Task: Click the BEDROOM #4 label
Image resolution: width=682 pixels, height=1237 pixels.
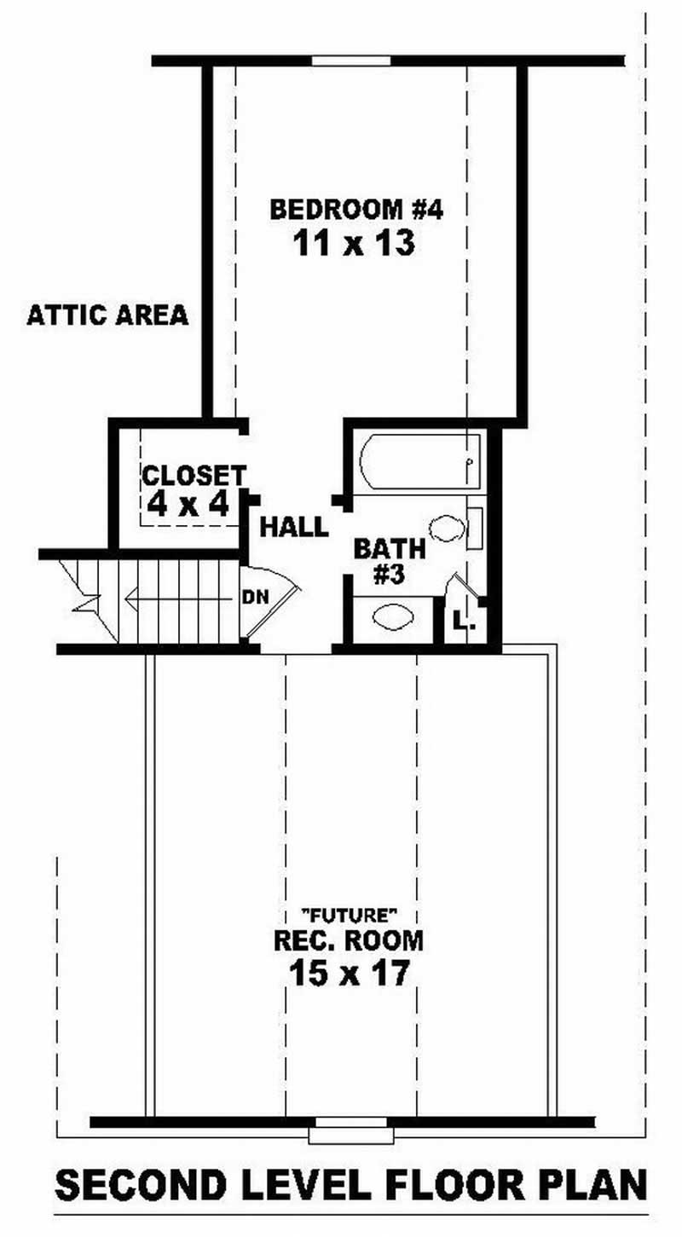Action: pos(355,209)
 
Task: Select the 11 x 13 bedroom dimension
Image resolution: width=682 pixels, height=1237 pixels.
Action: pos(354,245)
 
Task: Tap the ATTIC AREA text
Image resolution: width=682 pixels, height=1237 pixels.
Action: pos(107,315)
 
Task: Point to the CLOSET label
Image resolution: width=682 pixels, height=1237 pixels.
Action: pos(194,475)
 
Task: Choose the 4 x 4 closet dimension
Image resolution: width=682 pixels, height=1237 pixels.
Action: pos(188,505)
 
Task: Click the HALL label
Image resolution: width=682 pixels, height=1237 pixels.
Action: pos(294,527)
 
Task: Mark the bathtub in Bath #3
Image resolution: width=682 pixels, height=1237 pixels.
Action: pos(420,461)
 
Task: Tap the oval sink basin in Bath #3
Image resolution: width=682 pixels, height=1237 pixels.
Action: pos(393,616)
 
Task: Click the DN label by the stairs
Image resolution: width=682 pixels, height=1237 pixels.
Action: pos(255,597)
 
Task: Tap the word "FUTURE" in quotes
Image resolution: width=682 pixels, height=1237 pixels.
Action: pos(350,916)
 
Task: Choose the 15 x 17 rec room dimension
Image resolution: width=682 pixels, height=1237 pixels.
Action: pos(348,972)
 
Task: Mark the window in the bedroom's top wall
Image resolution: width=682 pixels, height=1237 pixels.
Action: pos(351,61)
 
